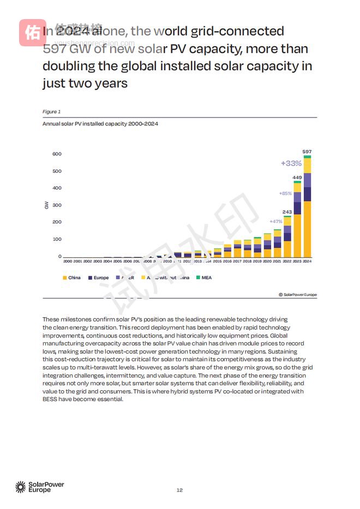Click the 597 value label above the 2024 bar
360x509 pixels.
(307, 151)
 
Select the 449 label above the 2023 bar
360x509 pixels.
(297, 177)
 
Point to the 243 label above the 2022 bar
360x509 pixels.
(287, 211)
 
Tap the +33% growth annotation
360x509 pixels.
(291, 163)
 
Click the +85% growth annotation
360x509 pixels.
(285, 193)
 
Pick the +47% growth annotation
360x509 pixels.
(276, 221)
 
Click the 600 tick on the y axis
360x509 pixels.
(57, 154)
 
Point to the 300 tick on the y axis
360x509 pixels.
(57, 205)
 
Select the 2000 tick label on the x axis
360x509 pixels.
(68, 262)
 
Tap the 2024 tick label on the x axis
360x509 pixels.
(307, 262)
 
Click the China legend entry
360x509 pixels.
(71, 277)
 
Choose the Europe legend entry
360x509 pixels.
(98, 277)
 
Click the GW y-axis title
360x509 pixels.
(46, 205)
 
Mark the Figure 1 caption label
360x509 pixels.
(51, 112)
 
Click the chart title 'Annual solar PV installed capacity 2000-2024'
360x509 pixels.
(100, 124)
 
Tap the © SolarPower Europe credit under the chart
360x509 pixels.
(297, 294)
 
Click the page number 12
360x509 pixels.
(179, 490)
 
